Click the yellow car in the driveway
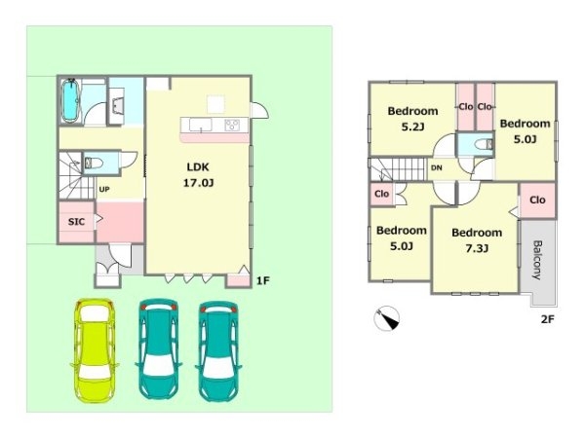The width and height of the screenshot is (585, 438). pyautogui.click(x=95, y=350)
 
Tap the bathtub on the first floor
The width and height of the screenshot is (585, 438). pyautogui.click(x=70, y=100)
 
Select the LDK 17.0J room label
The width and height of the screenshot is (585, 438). pyautogui.click(x=198, y=174)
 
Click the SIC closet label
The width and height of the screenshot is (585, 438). pyautogui.click(x=76, y=222)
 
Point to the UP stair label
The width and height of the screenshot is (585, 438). pyautogui.click(x=104, y=190)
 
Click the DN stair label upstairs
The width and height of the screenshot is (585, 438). pyautogui.click(x=437, y=168)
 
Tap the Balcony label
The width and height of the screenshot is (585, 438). pyautogui.click(x=537, y=260)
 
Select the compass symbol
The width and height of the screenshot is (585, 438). pyautogui.click(x=387, y=318)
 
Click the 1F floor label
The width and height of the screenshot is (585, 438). pyautogui.click(x=262, y=281)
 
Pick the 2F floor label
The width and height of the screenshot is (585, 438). pyautogui.click(x=547, y=319)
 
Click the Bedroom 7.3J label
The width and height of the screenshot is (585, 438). pyautogui.click(x=477, y=240)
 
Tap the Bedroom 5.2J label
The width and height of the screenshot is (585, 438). pyautogui.click(x=412, y=119)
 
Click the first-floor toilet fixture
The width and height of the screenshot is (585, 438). pyautogui.click(x=94, y=163)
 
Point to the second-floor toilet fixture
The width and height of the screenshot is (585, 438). pyautogui.click(x=484, y=144)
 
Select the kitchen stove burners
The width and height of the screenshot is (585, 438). pyautogui.click(x=232, y=125)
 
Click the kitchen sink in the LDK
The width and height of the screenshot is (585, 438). pyautogui.click(x=200, y=125)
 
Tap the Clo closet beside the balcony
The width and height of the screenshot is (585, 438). pyautogui.click(x=537, y=200)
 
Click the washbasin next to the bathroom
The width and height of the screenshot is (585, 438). pyautogui.click(x=118, y=105)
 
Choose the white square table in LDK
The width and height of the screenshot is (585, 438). pyautogui.click(x=216, y=104)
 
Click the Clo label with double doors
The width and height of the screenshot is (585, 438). pyautogui.click(x=381, y=194)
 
